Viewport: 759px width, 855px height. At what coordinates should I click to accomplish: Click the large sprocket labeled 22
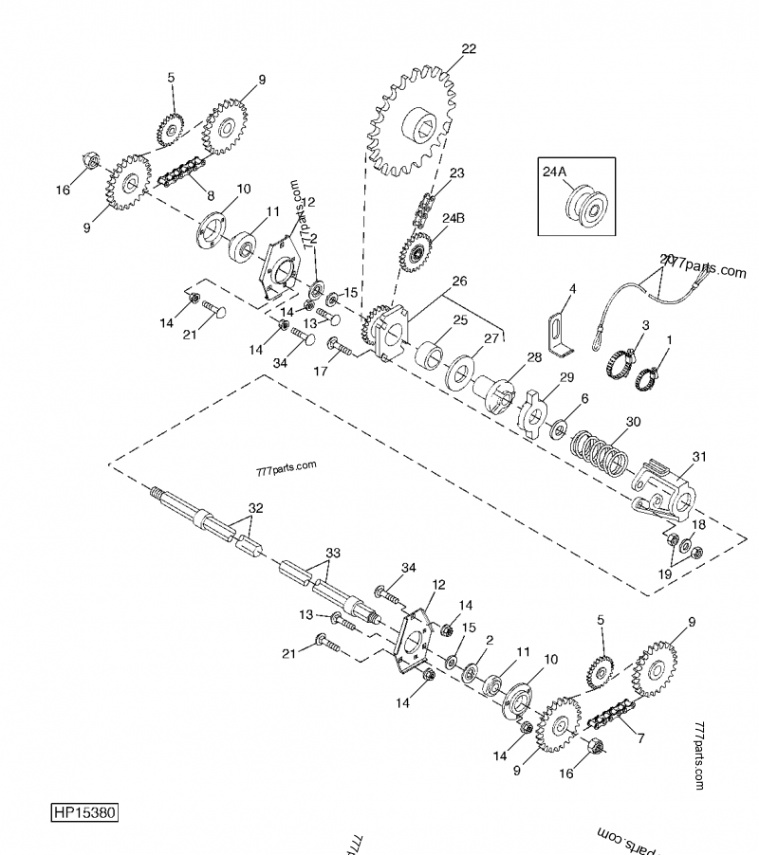point(417,123)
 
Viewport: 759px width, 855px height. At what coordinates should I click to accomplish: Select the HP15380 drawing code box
point(84,814)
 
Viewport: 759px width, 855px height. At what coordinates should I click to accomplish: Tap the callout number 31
point(699,457)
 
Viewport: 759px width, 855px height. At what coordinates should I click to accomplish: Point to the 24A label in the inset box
point(554,171)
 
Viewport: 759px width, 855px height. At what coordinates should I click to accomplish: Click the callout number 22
point(468,49)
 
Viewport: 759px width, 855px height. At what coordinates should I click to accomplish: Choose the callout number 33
point(332,553)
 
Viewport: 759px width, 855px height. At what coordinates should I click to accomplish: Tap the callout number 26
point(459,282)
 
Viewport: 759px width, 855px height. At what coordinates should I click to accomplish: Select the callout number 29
point(566,378)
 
